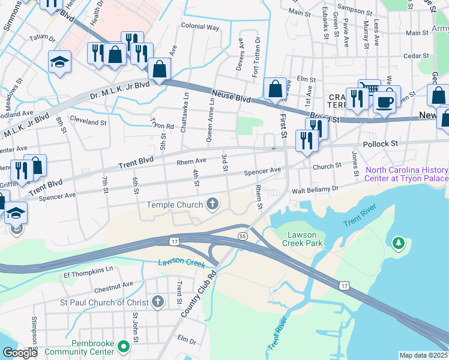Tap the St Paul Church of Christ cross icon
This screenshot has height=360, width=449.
click(158, 302)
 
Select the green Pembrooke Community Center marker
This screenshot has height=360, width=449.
click(123, 346)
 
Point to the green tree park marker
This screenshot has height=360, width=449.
click(397, 243)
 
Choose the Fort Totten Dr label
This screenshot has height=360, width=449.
click(256, 55)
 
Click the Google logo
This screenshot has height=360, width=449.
click(19, 353)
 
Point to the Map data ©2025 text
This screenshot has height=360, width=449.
click(423, 355)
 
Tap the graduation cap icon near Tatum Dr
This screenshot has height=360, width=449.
click(59, 62)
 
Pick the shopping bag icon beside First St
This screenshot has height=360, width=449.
click(275, 89)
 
